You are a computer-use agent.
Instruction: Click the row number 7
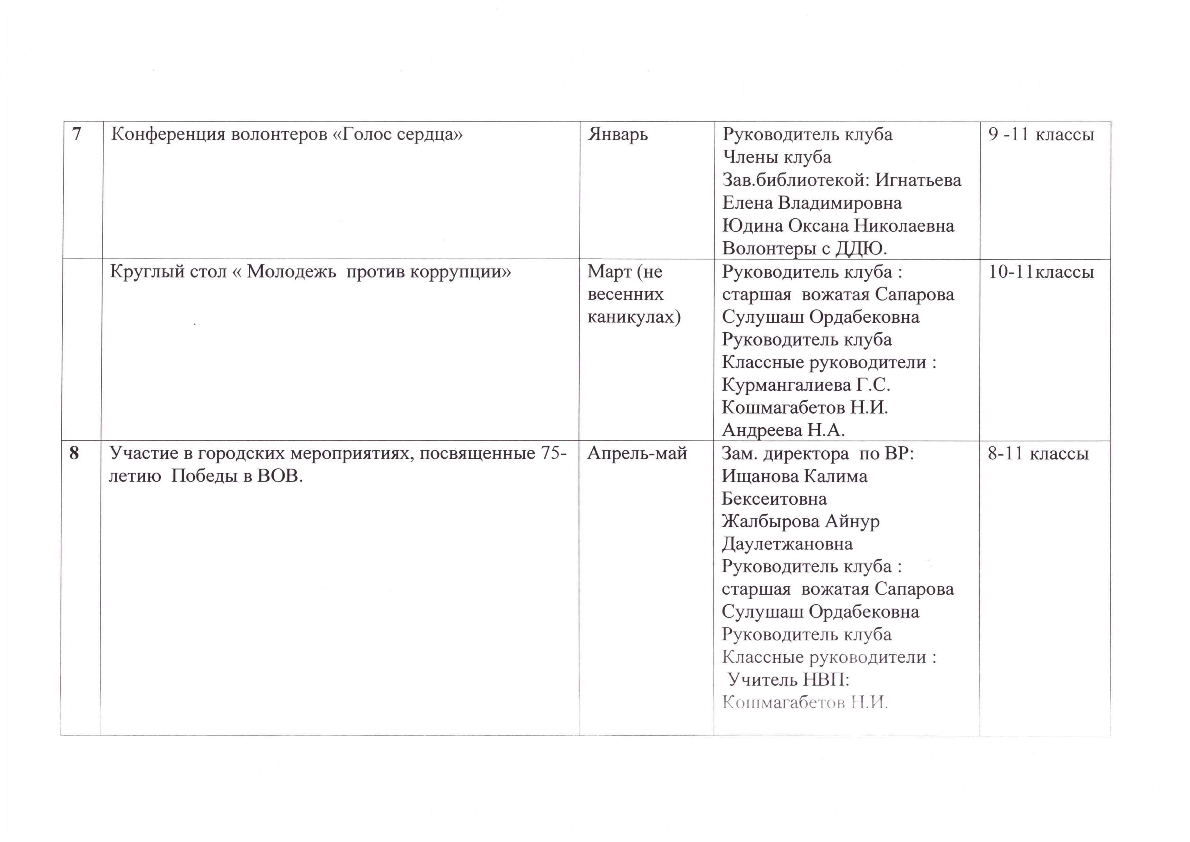click(x=77, y=134)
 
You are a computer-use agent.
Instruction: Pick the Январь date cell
click(x=618, y=135)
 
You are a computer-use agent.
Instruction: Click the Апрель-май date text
click(x=637, y=454)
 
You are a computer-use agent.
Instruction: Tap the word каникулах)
click(x=634, y=317)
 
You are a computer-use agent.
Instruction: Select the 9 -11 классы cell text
click(x=1041, y=135)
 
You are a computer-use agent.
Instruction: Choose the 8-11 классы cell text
click(x=1037, y=454)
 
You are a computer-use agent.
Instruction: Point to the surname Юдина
click(x=752, y=226)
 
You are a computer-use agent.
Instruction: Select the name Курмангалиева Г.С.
click(x=806, y=385)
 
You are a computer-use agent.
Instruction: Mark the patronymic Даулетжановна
click(x=787, y=544)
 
